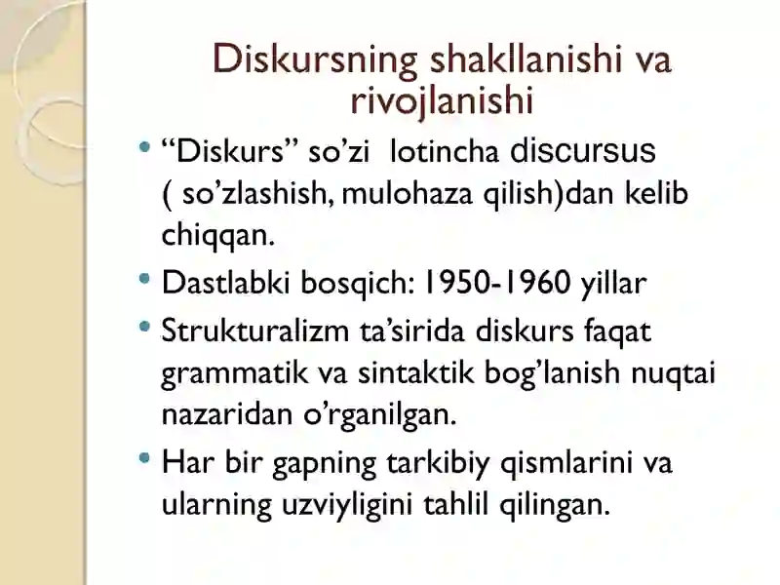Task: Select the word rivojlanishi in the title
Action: [442, 99]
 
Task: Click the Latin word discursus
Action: [584, 152]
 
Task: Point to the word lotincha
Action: [445, 153]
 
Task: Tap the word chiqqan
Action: [206, 234]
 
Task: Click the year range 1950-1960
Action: [497, 284]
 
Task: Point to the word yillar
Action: [613, 284]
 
